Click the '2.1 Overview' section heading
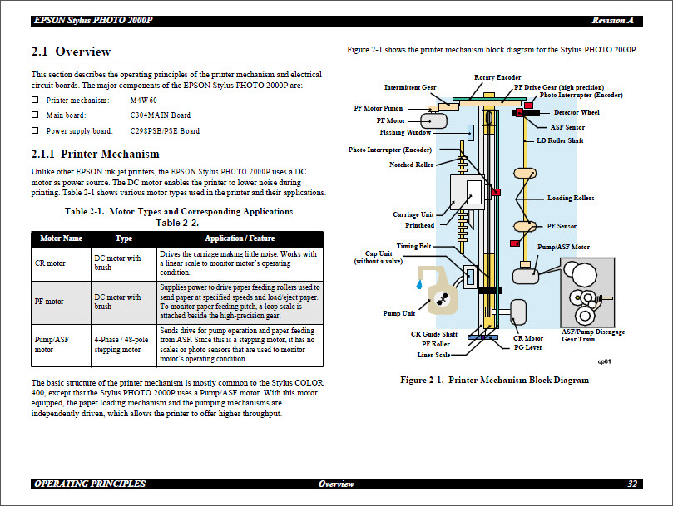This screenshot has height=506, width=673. pos(71,52)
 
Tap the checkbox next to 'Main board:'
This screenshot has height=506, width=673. pos(35,115)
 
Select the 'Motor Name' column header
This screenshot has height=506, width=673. pos(61,238)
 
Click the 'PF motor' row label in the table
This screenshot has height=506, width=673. pos(49,302)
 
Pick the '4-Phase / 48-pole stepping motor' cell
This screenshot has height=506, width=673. pos(122,345)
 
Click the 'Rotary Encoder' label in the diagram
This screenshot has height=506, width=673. pos(497,77)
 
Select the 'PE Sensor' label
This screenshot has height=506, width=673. pos(562,226)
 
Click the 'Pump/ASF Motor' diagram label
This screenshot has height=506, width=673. pos(563,247)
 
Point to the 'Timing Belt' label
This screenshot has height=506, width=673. pos(413,246)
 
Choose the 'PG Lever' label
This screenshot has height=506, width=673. pos(528,347)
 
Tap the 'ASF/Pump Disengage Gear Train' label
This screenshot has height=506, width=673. pos(593,335)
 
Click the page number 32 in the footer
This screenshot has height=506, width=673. pos(632,484)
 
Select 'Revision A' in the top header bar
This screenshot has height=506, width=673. pos(612,20)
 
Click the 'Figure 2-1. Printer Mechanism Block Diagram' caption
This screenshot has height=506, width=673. pos(494,380)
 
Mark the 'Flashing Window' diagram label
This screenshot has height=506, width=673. pos(405,132)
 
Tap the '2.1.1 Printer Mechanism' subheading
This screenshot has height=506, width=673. pos(95,154)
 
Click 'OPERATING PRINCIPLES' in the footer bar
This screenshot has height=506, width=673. pos(89,484)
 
